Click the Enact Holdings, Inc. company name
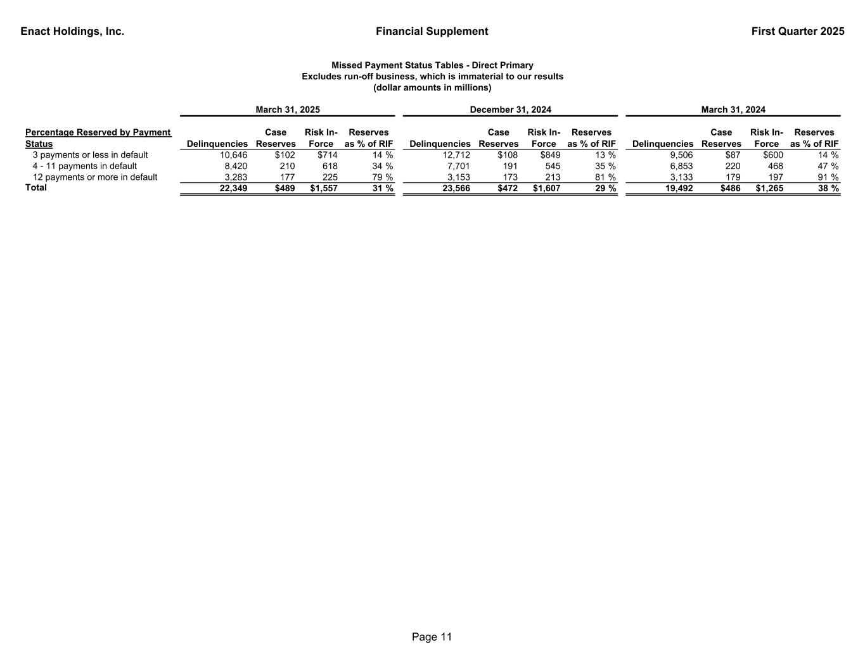pyautogui.click(x=72, y=32)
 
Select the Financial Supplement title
pyautogui.click(x=432, y=32)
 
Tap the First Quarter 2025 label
pyautogui.click(x=797, y=32)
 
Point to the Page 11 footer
pyautogui.click(x=432, y=637)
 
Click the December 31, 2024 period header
pyautogui.click(x=510, y=110)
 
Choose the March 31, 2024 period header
pyautogui.click(x=733, y=110)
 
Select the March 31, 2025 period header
pyautogui.click(x=287, y=110)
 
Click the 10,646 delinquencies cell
pyautogui.click(x=233, y=155)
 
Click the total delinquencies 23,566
pyautogui.click(x=456, y=188)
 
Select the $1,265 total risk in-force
pyautogui.click(x=767, y=188)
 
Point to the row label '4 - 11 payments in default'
pyautogui.click(x=84, y=166)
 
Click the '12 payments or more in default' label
pyautogui.click(x=94, y=177)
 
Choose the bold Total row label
pyautogui.click(x=35, y=187)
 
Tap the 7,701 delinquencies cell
pyautogui.click(x=458, y=166)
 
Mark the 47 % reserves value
pyautogui.click(x=828, y=166)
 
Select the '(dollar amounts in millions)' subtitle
pyautogui.click(x=432, y=87)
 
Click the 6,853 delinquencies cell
pyautogui.click(x=681, y=166)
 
